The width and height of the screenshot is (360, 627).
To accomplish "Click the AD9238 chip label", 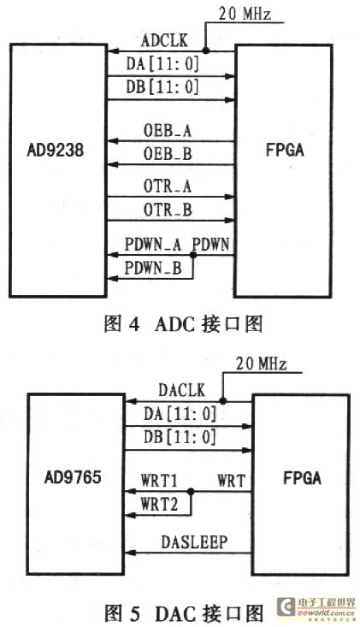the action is coord(55,151).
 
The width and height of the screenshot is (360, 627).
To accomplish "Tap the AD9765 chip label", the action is coord(73,477).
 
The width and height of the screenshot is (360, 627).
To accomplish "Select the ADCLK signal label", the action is coord(164,41).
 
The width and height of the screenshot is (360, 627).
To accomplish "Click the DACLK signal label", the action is coord(182,390).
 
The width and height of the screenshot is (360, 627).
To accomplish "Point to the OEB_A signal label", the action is coord(168,131).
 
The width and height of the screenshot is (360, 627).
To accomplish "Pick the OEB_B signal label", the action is coord(168,154).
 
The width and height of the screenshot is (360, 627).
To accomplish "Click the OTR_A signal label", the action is coord(168,186).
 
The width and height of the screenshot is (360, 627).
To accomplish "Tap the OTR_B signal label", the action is coord(168,210).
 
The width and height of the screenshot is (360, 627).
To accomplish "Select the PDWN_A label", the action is coord(153,245).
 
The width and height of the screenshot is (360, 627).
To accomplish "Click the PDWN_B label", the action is coord(153,268).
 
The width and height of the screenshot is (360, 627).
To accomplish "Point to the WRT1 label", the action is coord(159,481).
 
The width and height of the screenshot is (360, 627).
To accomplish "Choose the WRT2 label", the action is coord(159,505).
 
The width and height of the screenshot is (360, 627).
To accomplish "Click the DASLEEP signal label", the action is coord(195,541).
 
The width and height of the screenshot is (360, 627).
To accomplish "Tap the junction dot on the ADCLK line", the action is coord(206,50).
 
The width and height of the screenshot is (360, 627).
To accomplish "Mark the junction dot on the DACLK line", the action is coord(223,400).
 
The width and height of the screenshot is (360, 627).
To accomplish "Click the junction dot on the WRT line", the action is coord(191,492).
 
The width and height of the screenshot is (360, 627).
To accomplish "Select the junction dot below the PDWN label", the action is coord(193,255).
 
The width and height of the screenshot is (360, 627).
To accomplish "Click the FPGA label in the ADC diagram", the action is coord(285,150).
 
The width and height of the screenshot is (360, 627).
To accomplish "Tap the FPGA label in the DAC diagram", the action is coord(302,478).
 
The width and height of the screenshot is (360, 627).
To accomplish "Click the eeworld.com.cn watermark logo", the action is coord(316,608).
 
